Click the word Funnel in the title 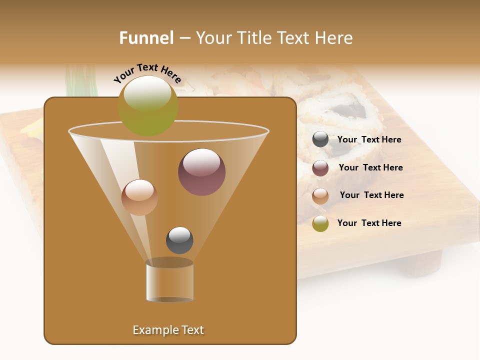(146, 38)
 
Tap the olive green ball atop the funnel (148, 106)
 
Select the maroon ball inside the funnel (201, 172)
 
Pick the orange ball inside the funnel (139, 197)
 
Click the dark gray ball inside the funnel (179, 240)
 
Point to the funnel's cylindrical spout (170, 281)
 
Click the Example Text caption (168, 330)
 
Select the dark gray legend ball (320, 139)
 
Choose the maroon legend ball (320, 168)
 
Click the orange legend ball (320, 196)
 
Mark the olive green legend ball (320, 224)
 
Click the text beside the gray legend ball (369, 140)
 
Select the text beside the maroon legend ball (370, 167)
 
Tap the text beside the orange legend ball (371, 195)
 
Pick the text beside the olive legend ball (369, 223)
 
